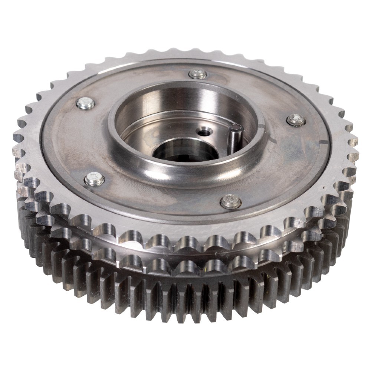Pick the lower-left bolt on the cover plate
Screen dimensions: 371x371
click(95, 180)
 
